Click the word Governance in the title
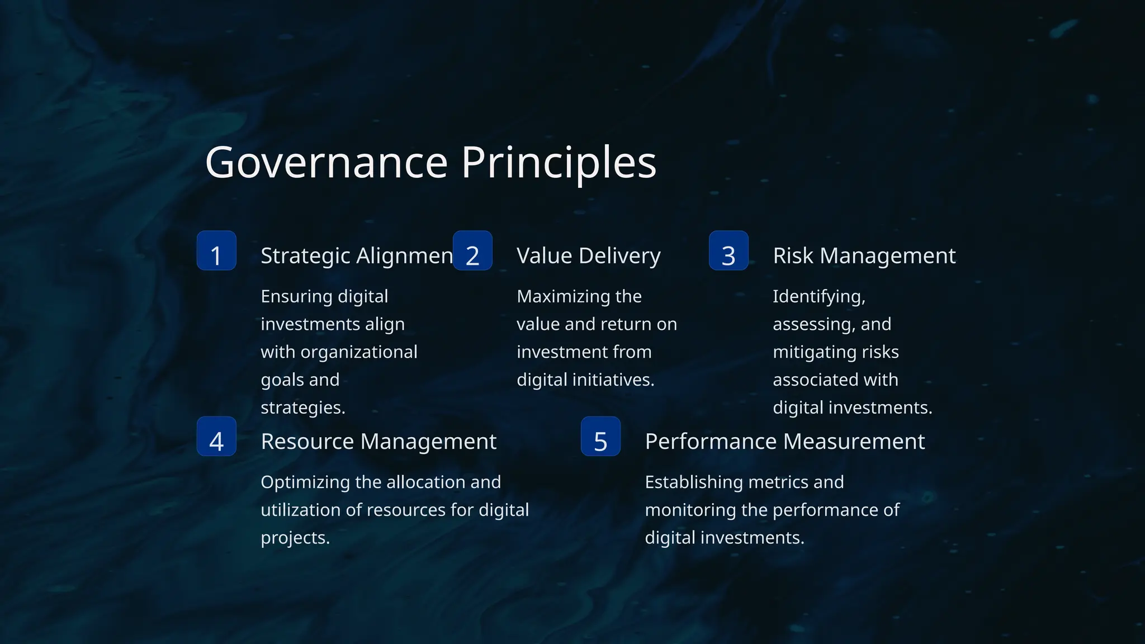click(327, 163)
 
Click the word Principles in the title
click(559, 163)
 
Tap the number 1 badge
click(216, 250)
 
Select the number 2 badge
click(472, 250)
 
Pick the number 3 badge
click(728, 250)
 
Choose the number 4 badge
click(216, 436)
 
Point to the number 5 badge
click(600, 436)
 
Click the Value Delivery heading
click(588, 255)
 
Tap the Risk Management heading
click(864, 255)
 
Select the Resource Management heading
click(378, 442)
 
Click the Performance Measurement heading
click(784, 442)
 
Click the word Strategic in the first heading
click(305, 255)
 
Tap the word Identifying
click(818, 296)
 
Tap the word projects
click(295, 538)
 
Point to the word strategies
click(302, 408)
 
